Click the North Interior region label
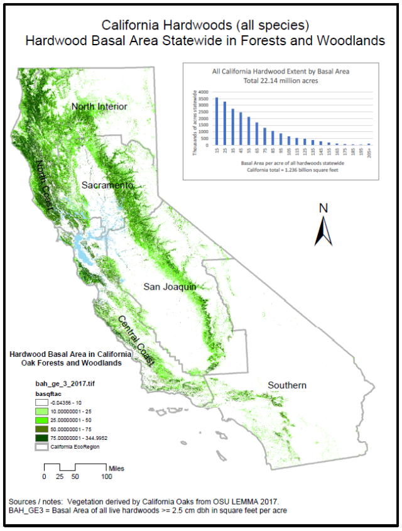[99, 106]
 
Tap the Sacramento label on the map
[107, 185]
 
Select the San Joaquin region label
[170, 287]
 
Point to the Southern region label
[286, 385]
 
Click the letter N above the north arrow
[323, 208]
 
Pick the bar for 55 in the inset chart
[248, 131]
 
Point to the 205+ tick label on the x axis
[369, 153]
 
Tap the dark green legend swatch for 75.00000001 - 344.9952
[42, 437]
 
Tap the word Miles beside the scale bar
[116, 468]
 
